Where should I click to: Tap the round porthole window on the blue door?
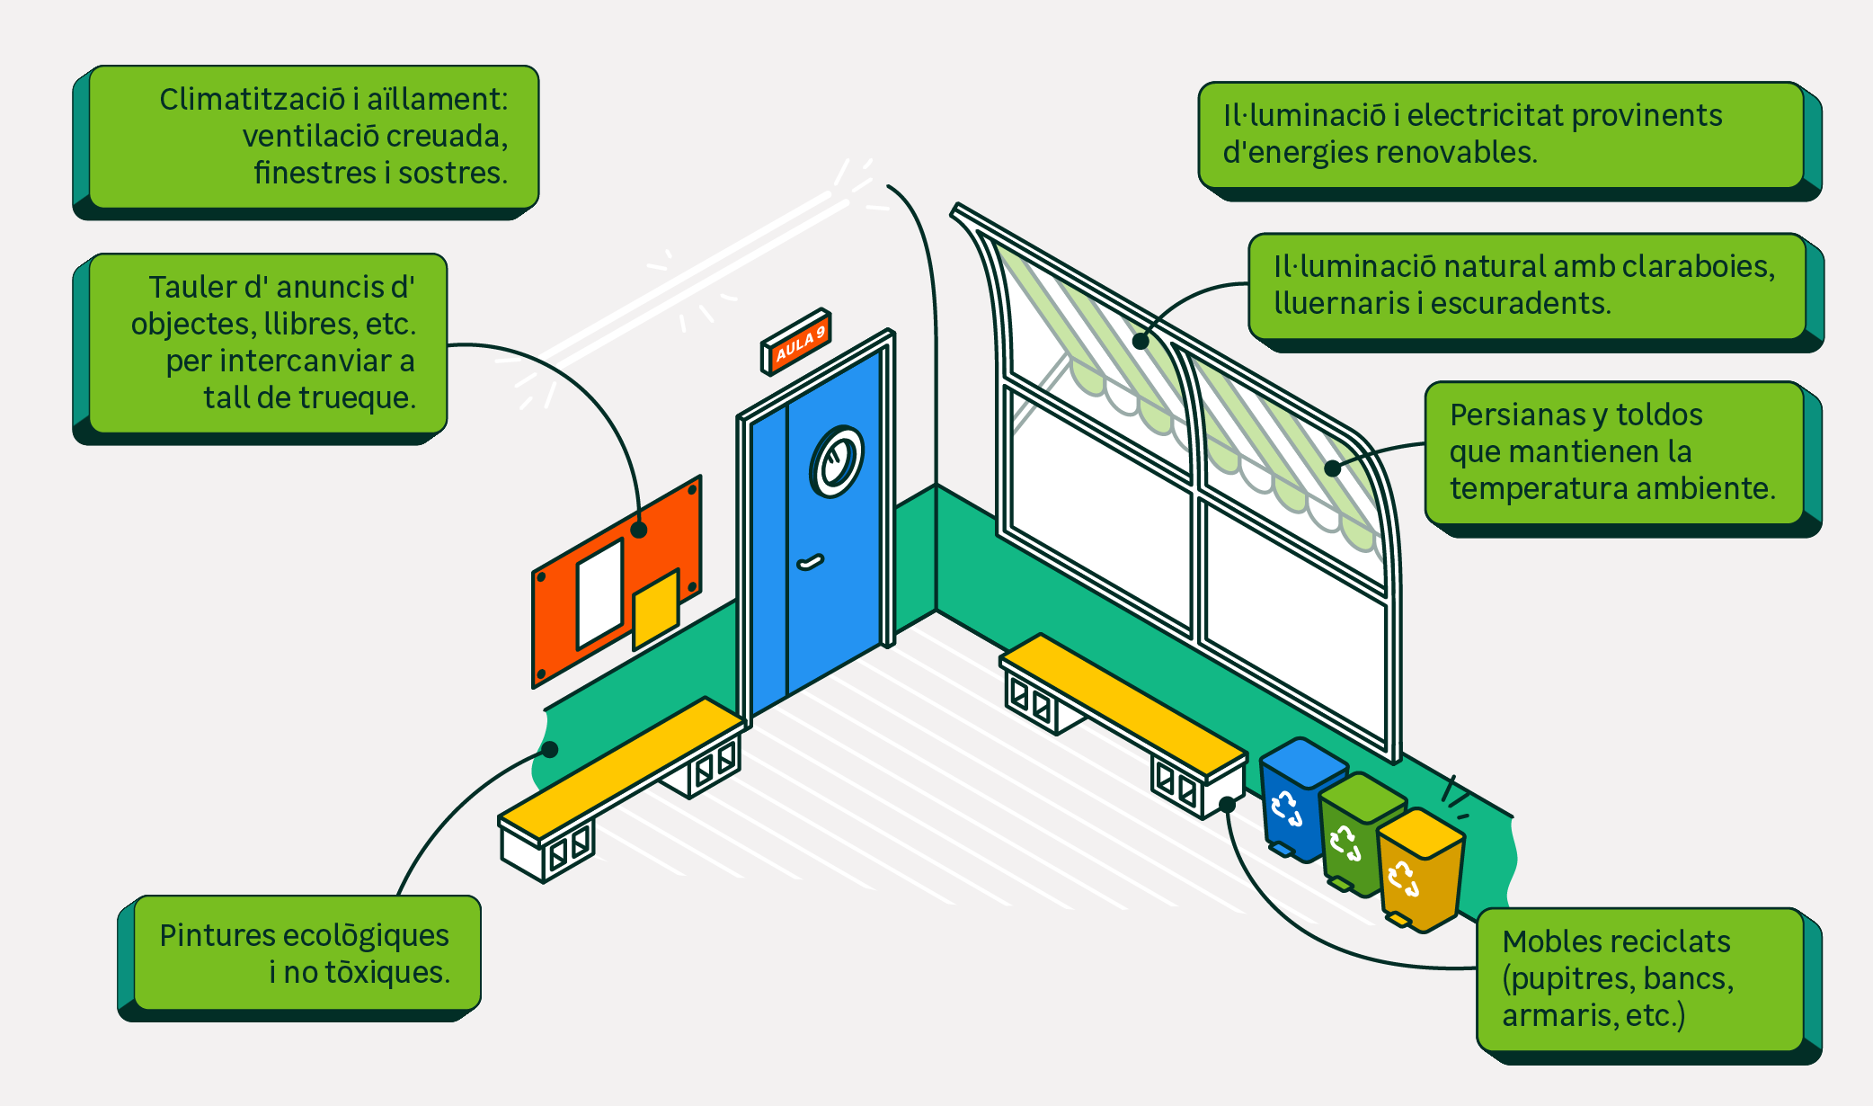click(837, 461)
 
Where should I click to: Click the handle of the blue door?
click(811, 563)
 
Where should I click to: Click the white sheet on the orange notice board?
click(599, 593)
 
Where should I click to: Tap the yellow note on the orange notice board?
click(656, 609)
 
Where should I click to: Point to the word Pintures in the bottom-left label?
click(217, 935)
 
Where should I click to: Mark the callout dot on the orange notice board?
click(639, 530)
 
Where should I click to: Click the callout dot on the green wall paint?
click(550, 749)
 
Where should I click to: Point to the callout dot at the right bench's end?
click(1227, 804)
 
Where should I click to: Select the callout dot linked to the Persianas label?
click(1333, 468)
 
